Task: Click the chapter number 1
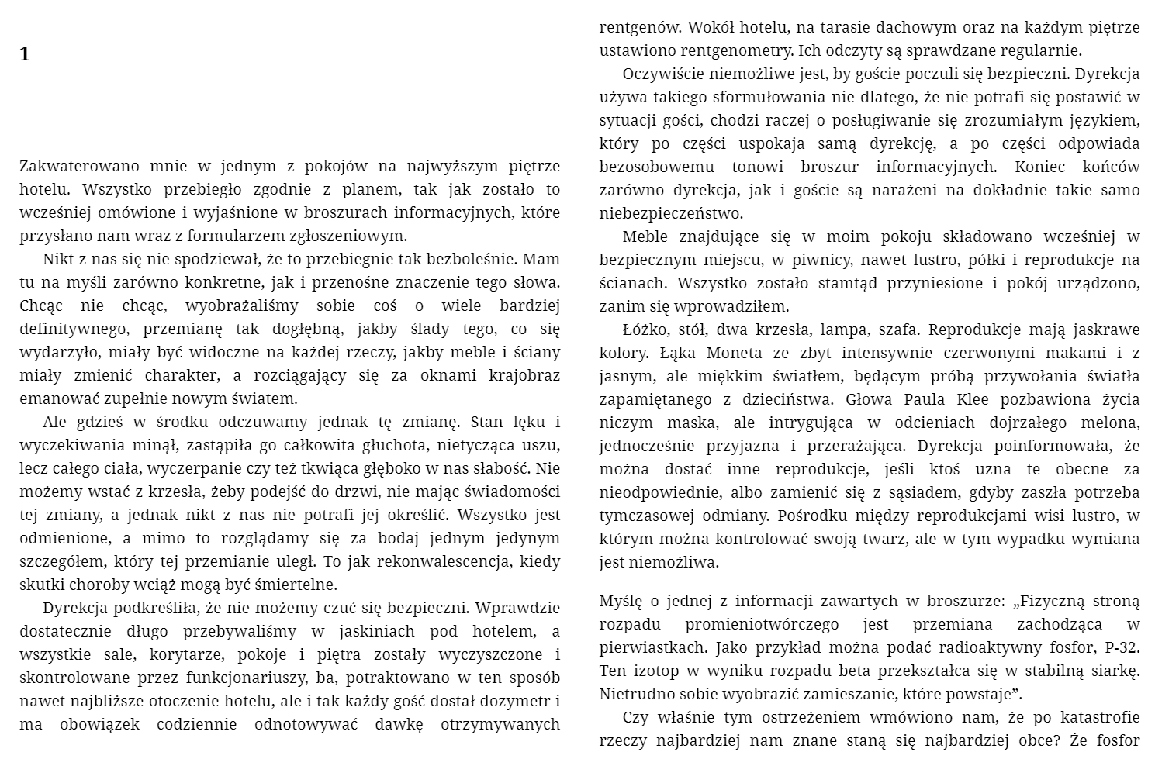pos(25,54)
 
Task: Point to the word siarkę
pos(1114,671)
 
